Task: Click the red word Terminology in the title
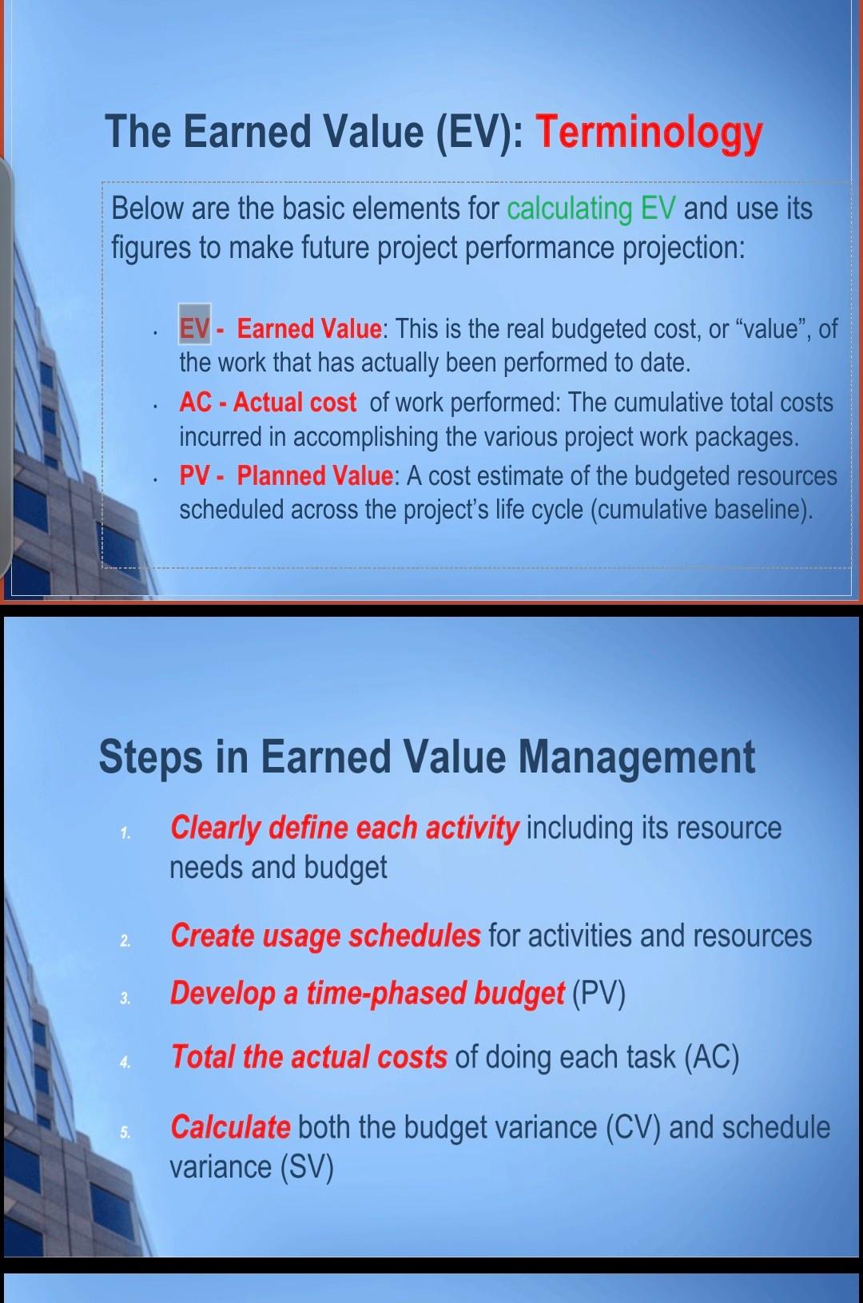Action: tap(649, 133)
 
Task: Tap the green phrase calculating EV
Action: tap(591, 209)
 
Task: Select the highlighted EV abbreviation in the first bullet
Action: tap(194, 328)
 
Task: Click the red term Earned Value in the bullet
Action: tap(309, 328)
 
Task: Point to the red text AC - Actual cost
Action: tap(268, 403)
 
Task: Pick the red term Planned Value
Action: tap(315, 476)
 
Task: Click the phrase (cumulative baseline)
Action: tap(701, 510)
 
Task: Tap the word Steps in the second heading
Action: tap(150, 757)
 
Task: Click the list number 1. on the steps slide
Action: tap(125, 833)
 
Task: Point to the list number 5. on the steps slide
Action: tap(125, 1132)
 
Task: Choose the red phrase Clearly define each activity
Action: tap(344, 828)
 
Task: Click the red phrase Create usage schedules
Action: tap(325, 936)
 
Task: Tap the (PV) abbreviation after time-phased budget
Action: tap(599, 993)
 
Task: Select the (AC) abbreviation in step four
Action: tap(711, 1057)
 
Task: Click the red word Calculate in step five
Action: tap(230, 1127)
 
